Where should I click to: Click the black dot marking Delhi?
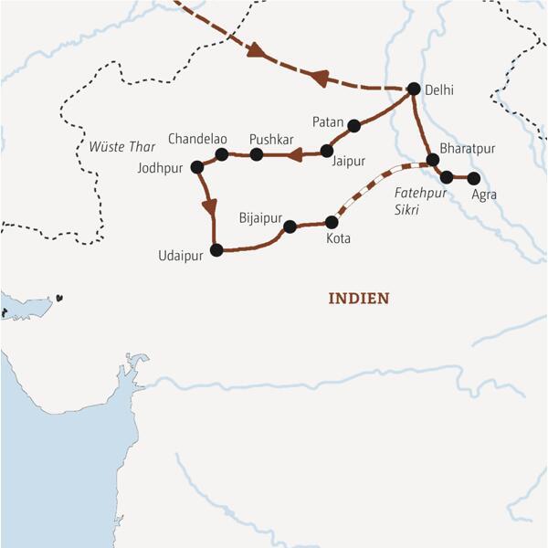point(413,89)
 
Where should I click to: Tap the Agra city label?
point(484,195)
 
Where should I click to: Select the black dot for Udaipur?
point(216,249)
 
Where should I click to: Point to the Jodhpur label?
point(159,168)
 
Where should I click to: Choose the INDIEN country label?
point(359,298)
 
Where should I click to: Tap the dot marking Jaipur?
point(326,150)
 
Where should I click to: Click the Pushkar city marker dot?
point(257,155)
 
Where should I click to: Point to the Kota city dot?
point(332,222)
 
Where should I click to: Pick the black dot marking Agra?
point(472,177)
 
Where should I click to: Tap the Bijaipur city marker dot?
point(290,227)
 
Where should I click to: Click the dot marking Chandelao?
point(221,154)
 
